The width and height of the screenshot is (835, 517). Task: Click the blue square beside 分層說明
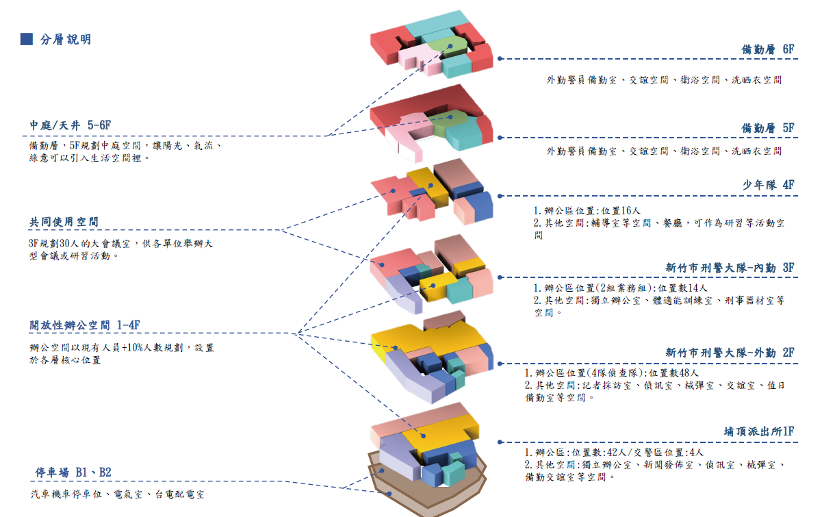(x=27, y=39)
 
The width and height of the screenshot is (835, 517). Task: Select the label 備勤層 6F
(x=768, y=50)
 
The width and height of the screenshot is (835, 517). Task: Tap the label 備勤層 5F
(x=768, y=129)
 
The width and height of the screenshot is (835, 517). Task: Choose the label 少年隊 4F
(x=768, y=186)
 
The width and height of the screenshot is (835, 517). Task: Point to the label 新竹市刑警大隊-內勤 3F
(x=730, y=268)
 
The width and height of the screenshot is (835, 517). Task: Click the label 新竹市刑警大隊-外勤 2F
(x=730, y=353)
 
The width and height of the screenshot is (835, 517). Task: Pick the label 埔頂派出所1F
(x=758, y=432)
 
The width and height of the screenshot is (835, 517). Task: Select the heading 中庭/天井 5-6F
(x=70, y=125)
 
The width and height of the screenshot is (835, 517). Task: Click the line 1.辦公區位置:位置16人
(x=587, y=211)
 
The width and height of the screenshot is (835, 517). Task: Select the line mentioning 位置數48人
(x=611, y=373)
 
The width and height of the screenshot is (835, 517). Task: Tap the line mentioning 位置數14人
(x=620, y=288)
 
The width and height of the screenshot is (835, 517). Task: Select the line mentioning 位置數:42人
(x=614, y=453)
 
